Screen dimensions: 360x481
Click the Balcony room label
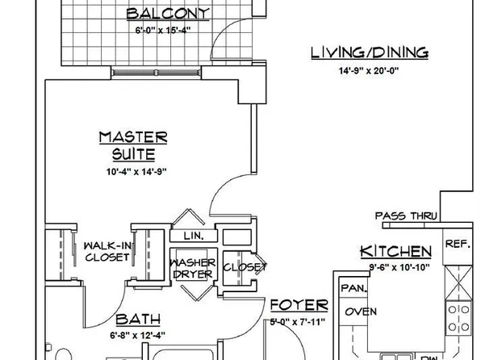(168, 13)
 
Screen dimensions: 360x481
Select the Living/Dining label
(370, 53)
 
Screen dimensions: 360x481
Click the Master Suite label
(132, 145)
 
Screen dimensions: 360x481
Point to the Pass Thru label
(406, 216)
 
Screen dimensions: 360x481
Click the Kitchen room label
(395, 251)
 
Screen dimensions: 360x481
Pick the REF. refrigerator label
(457, 243)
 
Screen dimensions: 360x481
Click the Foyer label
(299, 305)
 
